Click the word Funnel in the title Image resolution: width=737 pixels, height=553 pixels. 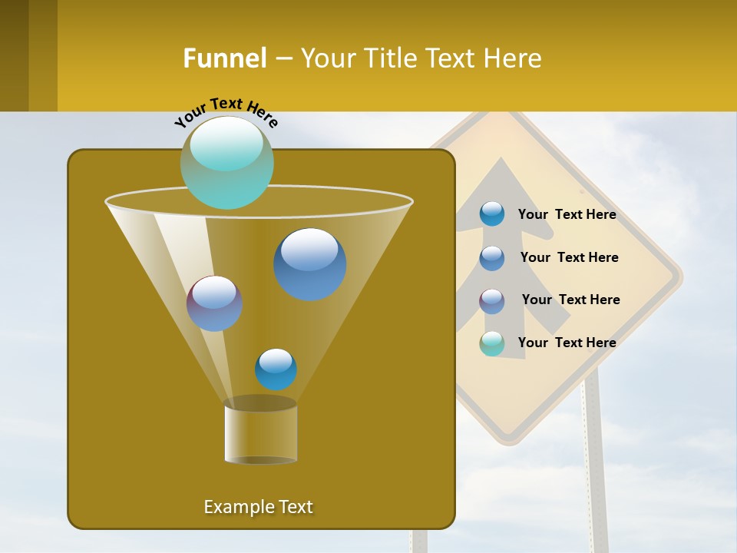[x=225, y=58]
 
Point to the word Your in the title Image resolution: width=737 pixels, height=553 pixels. [x=328, y=58]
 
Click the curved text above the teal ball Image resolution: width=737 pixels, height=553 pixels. [x=226, y=112]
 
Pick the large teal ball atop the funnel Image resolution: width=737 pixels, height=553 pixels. [x=226, y=162]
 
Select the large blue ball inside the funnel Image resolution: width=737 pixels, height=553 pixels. [x=309, y=263]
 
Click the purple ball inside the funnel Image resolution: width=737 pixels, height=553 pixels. [x=214, y=303]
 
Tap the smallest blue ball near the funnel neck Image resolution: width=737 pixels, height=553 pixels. [x=276, y=369]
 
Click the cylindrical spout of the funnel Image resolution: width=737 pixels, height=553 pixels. [x=260, y=433]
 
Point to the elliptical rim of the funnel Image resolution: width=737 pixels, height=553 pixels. [x=259, y=203]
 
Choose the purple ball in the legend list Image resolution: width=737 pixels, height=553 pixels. [x=491, y=300]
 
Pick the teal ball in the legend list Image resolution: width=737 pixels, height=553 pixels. [x=491, y=343]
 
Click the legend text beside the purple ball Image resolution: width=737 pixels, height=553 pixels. [x=570, y=300]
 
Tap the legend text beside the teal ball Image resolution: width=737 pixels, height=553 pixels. [x=567, y=343]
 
